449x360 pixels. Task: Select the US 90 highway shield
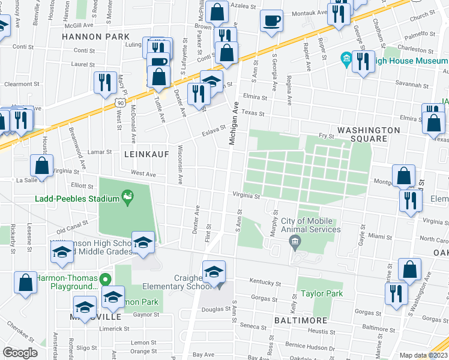click(x=121, y=103)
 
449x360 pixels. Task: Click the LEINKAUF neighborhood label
click(x=144, y=154)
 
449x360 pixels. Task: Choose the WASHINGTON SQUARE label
click(x=369, y=134)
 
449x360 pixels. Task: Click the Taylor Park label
click(x=322, y=294)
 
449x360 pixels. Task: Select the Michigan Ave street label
click(x=233, y=122)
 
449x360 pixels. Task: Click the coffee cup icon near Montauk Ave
click(x=271, y=20)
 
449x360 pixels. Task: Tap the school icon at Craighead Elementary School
click(x=214, y=271)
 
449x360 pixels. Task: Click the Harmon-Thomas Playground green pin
click(x=106, y=278)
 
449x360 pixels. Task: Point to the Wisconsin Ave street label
click(x=179, y=164)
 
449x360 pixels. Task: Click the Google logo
click(x=20, y=353)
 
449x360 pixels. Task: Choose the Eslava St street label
click(x=213, y=128)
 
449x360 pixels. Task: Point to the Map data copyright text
click(x=424, y=355)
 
